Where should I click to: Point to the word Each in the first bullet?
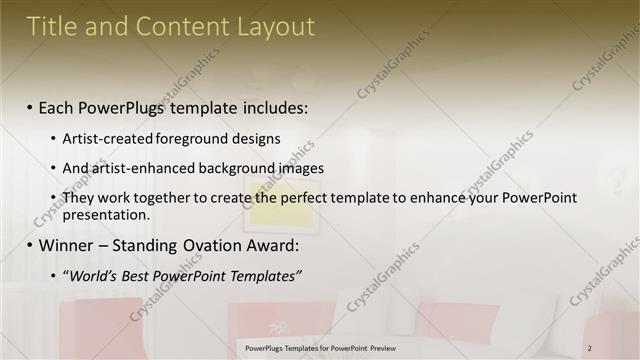[x=59, y=107]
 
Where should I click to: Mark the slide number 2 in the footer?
[x=590, y=348]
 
